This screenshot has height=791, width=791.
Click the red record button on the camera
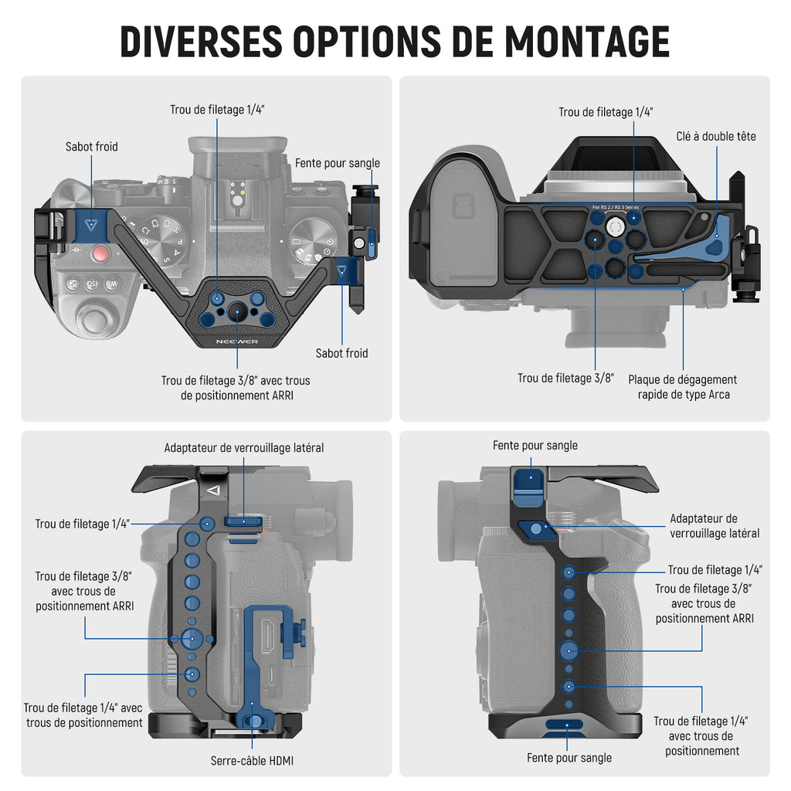100,253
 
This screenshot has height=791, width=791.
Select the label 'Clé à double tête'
716,137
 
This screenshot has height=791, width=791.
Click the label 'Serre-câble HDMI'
252,761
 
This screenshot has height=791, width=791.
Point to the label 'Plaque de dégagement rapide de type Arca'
682,387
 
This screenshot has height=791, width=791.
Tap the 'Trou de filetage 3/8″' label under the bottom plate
565,379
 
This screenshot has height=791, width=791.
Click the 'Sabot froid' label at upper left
92,146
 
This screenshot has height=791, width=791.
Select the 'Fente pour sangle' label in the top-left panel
338,163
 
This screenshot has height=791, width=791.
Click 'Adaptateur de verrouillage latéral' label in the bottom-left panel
244,448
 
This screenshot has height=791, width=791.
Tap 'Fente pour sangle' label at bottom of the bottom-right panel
569,758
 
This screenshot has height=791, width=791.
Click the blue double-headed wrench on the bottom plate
715,241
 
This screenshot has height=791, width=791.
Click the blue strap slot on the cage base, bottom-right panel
564,725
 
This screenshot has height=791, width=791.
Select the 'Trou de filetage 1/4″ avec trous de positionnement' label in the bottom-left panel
83,715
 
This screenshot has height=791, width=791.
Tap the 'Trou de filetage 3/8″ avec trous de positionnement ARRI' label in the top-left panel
236,388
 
